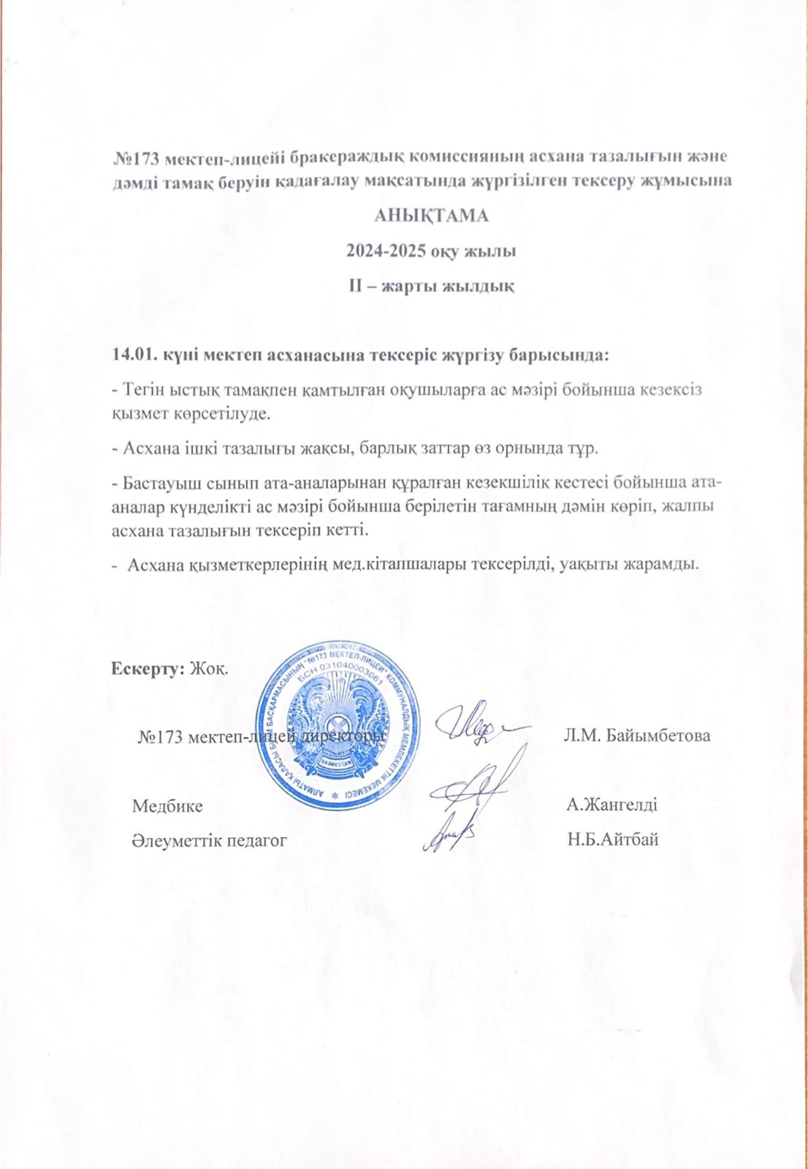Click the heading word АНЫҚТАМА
(430, 216)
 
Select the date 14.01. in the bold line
(131, 356)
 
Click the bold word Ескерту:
(147, 668)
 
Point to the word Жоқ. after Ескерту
(208, 668)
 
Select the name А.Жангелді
(611, 805)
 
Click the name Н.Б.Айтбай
(612, 839)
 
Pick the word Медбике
(167, 806)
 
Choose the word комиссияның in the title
(465, 158)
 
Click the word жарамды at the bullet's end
(663, 565)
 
